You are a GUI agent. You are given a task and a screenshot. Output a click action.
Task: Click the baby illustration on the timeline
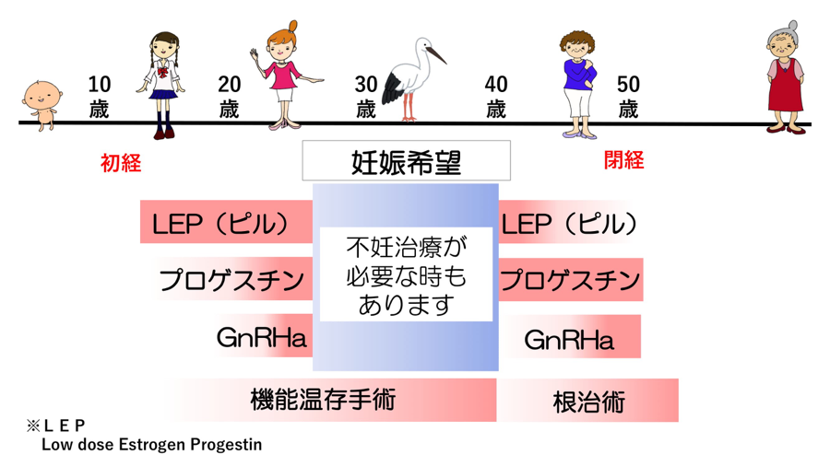click(x=41, y=105)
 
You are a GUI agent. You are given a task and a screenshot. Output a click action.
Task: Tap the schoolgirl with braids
click(x=162, y=85)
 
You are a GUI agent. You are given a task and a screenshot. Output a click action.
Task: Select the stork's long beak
click(x=436, y=54)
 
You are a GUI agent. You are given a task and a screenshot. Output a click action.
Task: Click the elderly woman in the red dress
click(x=786, y=77)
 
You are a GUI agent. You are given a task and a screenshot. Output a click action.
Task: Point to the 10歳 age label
click(x=99, y=97)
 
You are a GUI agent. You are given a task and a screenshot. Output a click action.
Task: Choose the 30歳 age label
click(x=366, y=97)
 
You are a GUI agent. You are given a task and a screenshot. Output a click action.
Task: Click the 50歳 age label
click(x=628, y=97)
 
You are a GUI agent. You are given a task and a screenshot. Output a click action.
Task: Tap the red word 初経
click(x=121, y=163)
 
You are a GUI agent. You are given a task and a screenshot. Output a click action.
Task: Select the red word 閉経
click(x=623, y=160)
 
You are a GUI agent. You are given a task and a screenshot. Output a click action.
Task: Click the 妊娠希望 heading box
click(x=406, y=160)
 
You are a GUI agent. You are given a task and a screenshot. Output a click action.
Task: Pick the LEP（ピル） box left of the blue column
click(x=226, y=222)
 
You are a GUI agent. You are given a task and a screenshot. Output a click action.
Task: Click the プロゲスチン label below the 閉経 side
click(x=571, y=279)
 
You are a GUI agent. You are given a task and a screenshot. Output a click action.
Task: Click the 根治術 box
click(x=588, y=401)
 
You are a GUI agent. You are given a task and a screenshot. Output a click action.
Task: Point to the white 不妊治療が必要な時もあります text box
click(x=406, y=274)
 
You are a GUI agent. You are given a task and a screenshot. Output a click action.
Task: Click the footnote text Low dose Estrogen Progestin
click(x=152, y=444)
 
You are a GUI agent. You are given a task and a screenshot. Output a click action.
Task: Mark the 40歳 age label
click(x=496, y=97)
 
